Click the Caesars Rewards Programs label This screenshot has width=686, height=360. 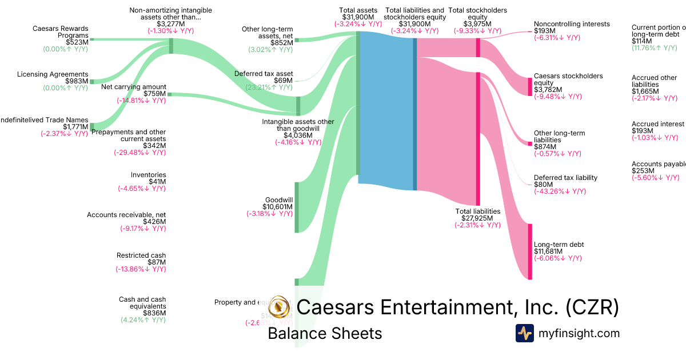[61, 31]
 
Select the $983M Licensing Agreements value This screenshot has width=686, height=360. [77, 82]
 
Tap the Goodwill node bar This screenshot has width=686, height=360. [297, 207]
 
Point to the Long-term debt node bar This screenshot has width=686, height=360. [530, 251]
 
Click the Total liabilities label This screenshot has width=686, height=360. [477, 211]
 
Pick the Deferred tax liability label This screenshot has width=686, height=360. [565, 178]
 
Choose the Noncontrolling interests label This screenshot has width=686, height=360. [572, 24]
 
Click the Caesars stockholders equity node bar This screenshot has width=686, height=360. [530, 86]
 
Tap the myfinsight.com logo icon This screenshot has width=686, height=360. [524, 333]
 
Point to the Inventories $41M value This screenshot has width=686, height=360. [156, 182]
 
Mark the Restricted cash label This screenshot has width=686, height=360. [141, 255]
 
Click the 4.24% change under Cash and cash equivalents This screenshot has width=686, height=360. [143, 320]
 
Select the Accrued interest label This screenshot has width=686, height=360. [657, 124]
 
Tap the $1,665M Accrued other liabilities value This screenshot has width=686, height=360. [644, 91]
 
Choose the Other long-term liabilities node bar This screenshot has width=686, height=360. [530, 143]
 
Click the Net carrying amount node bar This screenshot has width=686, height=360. [169, 94]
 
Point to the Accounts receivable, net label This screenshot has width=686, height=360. [126, 215]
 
